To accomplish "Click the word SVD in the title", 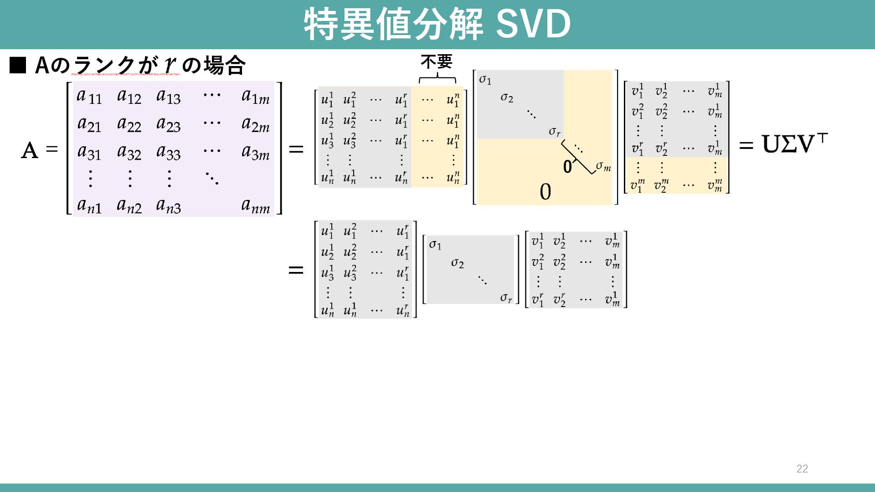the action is pos(533,24).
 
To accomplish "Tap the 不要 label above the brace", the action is pos(436,61).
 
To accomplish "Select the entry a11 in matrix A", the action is pos(89,96).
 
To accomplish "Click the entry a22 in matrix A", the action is pos(129,124).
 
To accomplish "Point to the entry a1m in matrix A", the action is pos(255,97).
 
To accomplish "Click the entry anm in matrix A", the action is pos(255,206).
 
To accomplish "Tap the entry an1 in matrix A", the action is pos(89,206).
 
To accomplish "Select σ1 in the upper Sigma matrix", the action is pos(485,80).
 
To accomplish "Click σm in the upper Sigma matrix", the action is pos(603,166).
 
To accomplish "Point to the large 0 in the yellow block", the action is pos(545,192).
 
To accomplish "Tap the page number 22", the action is pos(802,469).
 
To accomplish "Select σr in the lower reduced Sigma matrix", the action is pos(506,298).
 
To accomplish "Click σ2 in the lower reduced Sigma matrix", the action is pos(457,263).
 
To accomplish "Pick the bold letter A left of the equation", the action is pos(30,150).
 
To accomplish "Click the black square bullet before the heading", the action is pos(18,66).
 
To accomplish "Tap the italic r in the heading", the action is pos(170,64).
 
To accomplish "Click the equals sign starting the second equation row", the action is pos(296,270).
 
